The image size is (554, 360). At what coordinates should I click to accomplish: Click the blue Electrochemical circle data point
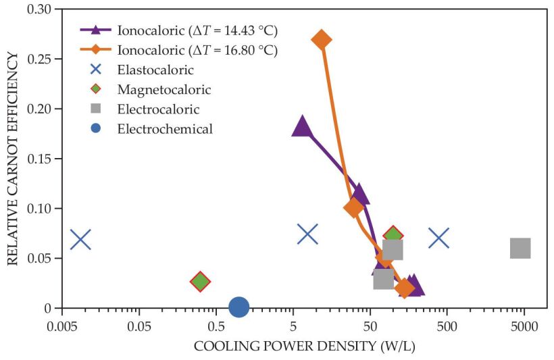[x=238, y=307]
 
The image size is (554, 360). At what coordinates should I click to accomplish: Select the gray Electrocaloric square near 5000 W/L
[x=520, y=248]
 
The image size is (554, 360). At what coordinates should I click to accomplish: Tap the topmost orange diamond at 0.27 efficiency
[x=322, y=39]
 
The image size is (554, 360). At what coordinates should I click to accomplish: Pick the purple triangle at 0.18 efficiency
[x=302, y=126]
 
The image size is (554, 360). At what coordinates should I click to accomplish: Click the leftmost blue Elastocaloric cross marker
[x=80, y=239]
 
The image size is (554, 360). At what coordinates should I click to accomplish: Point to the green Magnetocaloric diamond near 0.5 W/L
[x=200, y=282]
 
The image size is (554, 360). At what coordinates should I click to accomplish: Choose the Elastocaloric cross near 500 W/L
[x=439, y=238]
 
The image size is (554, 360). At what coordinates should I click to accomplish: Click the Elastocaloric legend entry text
[x=155, y=70]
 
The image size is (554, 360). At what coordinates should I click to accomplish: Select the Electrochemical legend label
[x=164, y=128]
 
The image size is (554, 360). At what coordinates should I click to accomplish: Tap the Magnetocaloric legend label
[x=163, y=89]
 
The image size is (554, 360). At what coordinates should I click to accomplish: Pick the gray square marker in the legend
[x=97, y=109]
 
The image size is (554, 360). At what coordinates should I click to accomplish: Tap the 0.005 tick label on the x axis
[x=62, y=326]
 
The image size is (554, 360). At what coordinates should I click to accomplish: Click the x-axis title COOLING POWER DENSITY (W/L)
[x=304, y=346]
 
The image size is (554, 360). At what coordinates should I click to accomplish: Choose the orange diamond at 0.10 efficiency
[x=353, y=207]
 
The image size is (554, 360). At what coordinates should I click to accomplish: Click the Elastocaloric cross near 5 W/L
[x=307, y=234]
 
